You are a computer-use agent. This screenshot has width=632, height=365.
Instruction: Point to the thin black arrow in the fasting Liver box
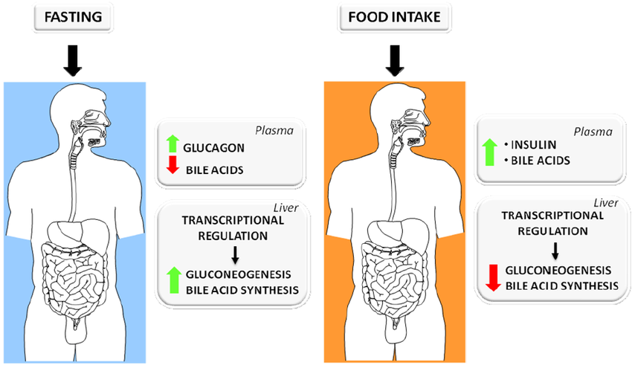234,254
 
